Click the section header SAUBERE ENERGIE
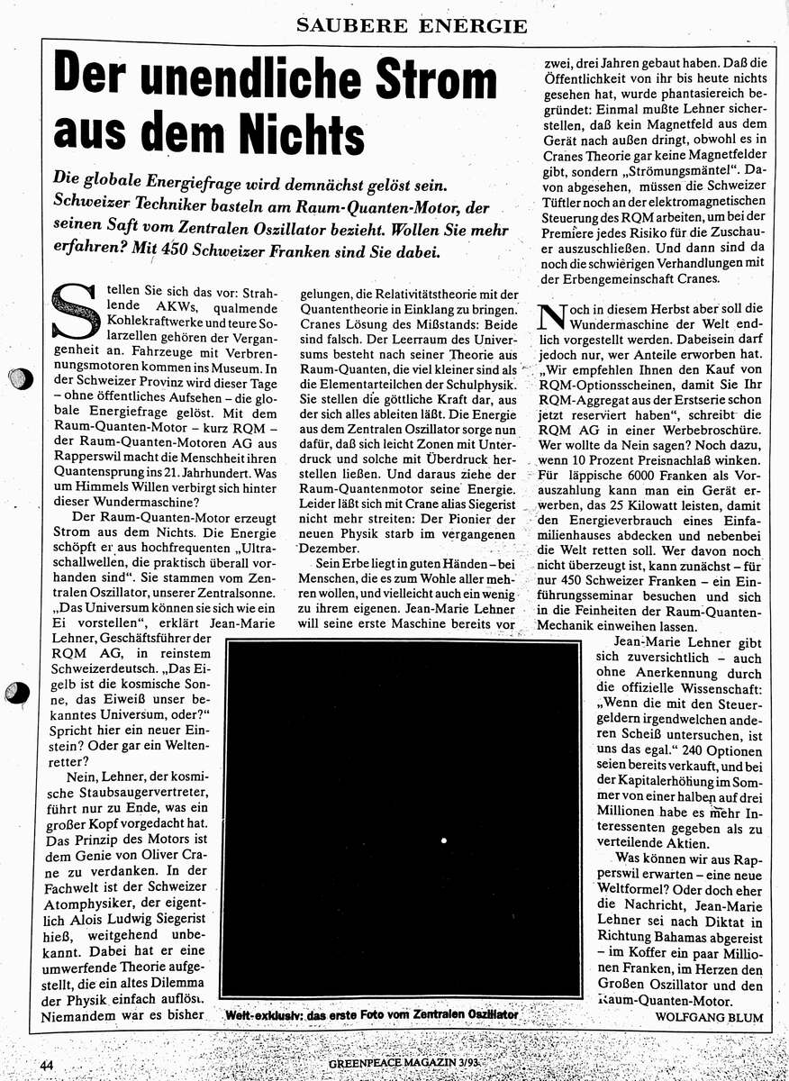[412, 26]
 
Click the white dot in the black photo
[444, 840]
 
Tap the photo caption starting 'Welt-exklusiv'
[371, 1014]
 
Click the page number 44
[49, 1065]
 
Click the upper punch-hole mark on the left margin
[17, 379]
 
